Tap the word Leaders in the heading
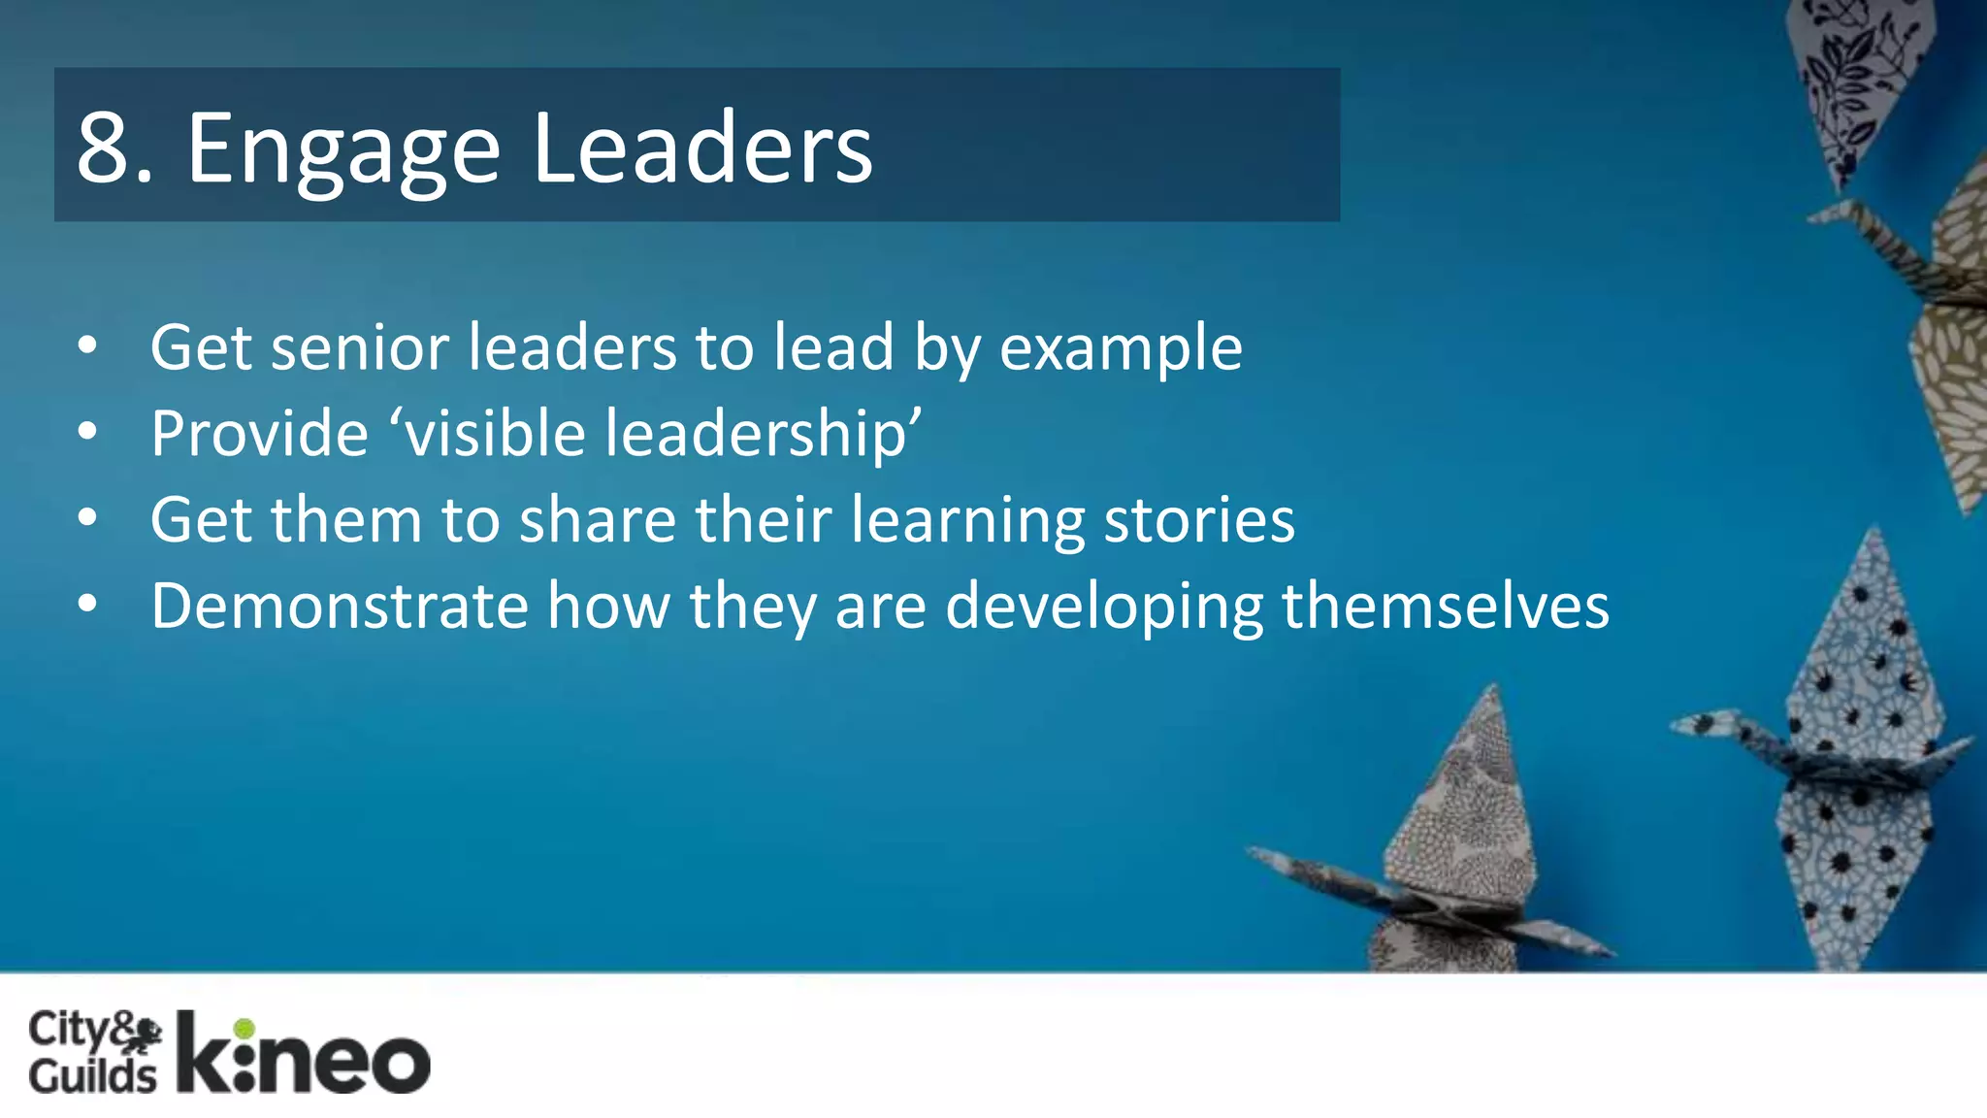pyautogui.click(x=702, y=148)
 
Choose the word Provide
pyautogui.click(x=259, y=433)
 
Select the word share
pyautogui.click(x=598, y=519)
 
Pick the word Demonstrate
pyautogui.click(x=340, y=606)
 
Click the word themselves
pyautogui.click(x=1446, y=606)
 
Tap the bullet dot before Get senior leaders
pyautogui.click(x=87, y=345)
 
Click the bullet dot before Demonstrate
pyautogui.click(x=87, y=605)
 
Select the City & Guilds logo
pyautogui.click(x=94, y=1052)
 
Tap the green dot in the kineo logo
pyautogui.click(x=244, y=1029)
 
